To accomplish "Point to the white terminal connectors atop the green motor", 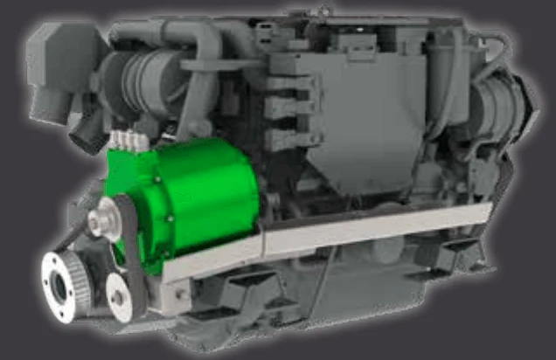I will [x=126, y=141].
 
